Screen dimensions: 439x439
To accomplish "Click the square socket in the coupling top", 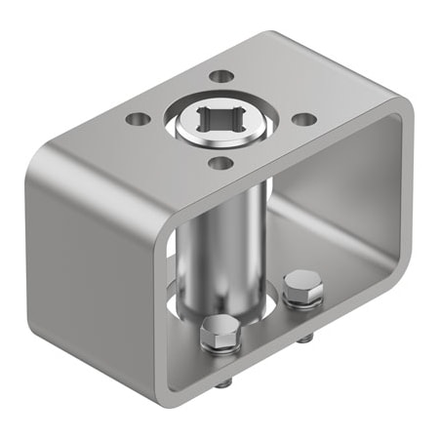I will pos(221,123).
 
